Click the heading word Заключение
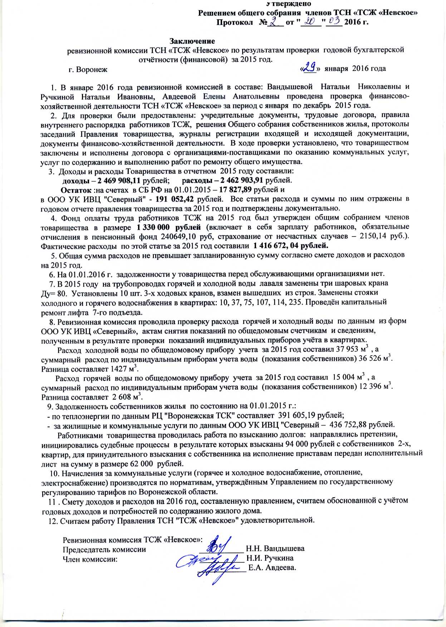(192, 41)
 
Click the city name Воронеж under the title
(92, 69)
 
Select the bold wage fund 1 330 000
(168, 227)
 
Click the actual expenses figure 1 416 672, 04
(290, 246)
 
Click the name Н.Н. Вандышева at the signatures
(275, 548)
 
